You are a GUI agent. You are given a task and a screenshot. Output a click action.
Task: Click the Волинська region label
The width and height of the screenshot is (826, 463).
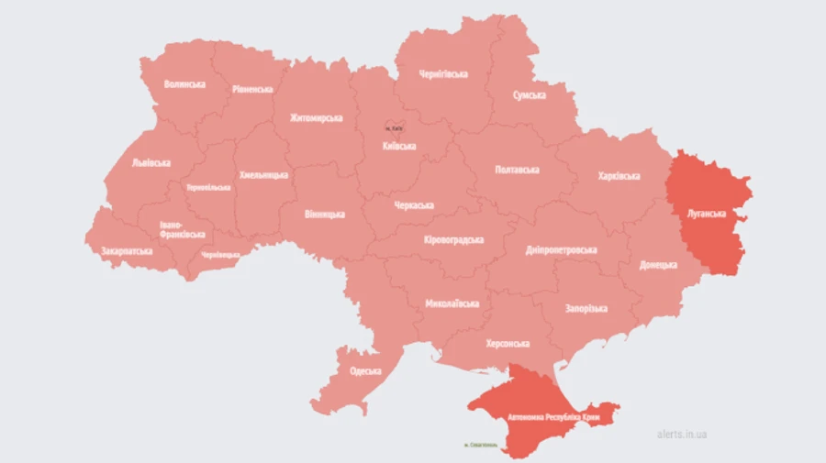184,84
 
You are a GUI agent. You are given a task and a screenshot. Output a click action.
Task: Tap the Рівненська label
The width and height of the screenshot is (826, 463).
252,89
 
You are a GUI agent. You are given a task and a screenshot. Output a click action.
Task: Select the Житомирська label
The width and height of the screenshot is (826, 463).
316,118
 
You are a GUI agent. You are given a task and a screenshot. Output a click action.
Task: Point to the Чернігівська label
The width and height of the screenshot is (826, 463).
443,74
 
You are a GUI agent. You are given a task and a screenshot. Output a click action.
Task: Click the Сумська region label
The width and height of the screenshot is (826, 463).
530,94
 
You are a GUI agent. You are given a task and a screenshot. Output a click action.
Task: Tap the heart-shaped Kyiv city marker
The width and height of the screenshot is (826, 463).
394,128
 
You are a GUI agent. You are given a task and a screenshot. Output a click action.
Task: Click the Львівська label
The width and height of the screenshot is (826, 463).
151,162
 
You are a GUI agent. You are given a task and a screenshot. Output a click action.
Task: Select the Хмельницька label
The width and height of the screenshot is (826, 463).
263,174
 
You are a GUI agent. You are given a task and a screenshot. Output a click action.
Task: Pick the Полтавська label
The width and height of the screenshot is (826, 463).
517,170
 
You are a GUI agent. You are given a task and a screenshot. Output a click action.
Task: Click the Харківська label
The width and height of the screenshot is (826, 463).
619,175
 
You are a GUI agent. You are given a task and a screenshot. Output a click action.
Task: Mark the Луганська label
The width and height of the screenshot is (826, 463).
706,214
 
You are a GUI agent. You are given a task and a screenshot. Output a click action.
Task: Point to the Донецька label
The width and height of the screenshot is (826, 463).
658,265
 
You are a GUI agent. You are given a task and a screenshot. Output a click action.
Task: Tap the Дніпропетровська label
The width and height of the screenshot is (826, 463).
562,249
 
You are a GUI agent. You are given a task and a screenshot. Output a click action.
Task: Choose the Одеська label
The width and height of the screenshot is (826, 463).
366,371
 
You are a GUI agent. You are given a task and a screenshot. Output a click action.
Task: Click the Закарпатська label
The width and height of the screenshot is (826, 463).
127,249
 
